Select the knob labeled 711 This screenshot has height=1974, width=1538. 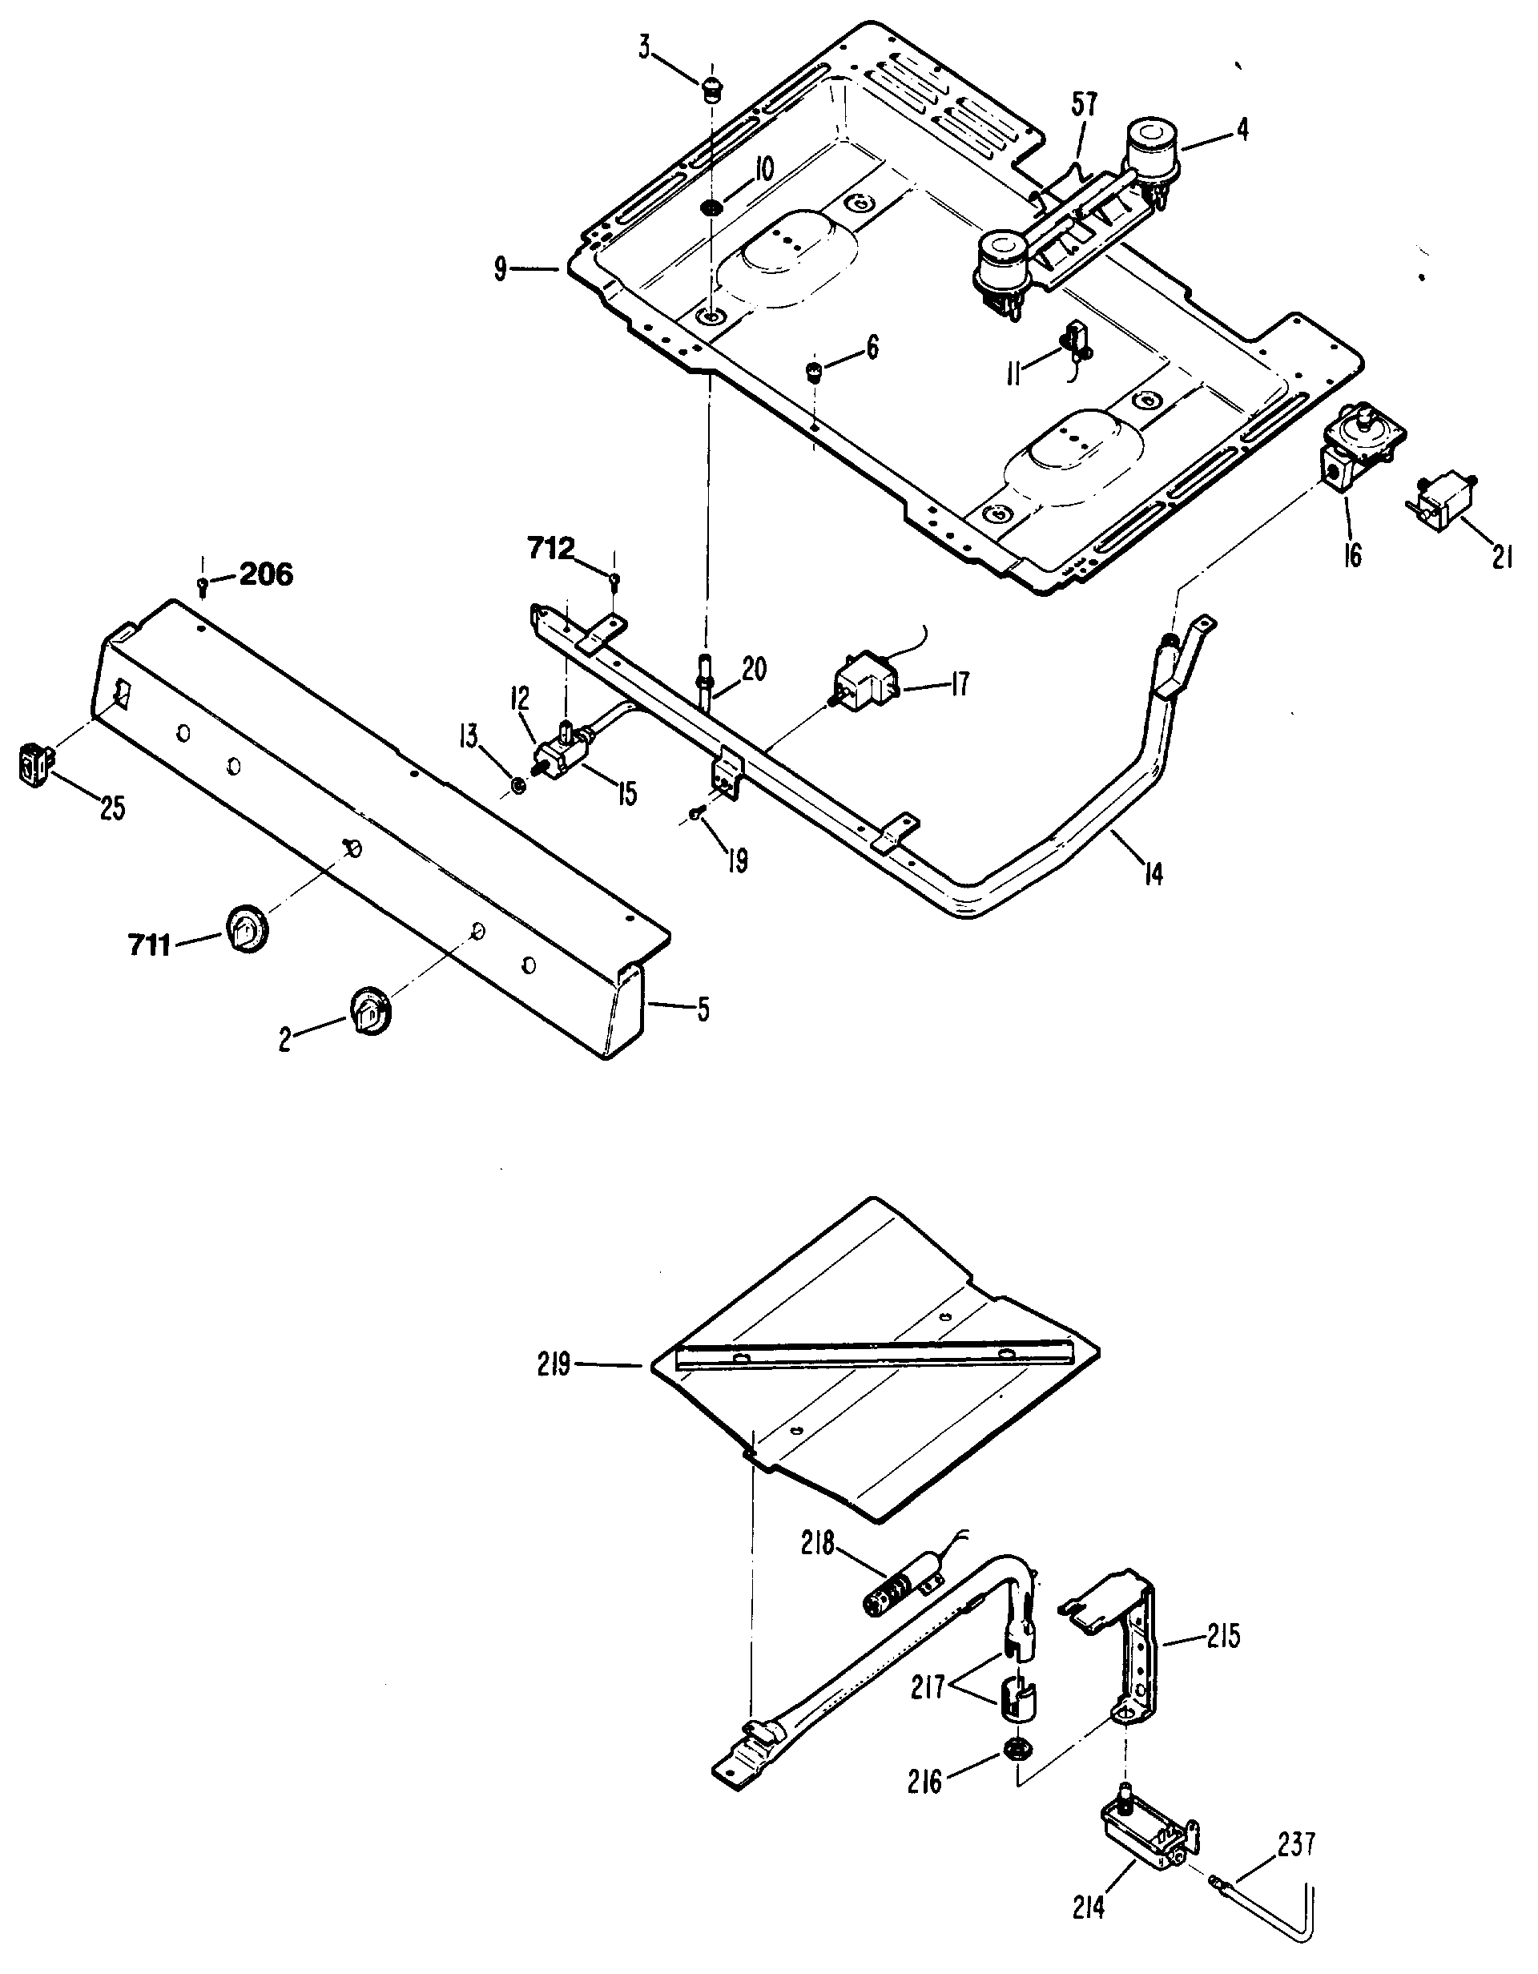click(245, 925)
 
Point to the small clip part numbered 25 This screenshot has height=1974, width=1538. click(34, 767)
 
